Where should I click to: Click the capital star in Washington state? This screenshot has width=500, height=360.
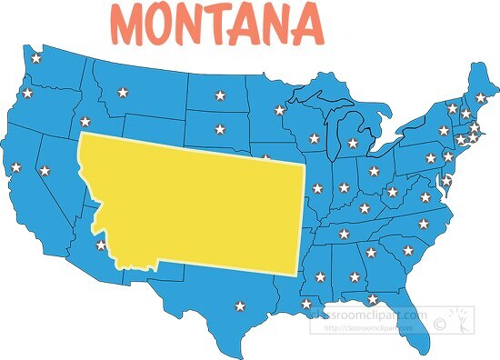(36, 59)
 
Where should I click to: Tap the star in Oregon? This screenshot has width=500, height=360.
(26, 94)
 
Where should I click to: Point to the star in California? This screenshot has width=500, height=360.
(15, 167)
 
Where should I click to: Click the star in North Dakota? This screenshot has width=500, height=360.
(218, 95)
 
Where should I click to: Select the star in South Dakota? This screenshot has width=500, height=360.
(218, 128)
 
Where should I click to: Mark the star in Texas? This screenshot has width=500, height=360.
(240, 305)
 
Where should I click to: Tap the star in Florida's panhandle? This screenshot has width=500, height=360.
(372, 298)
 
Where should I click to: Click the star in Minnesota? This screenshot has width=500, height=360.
(279, 110)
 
